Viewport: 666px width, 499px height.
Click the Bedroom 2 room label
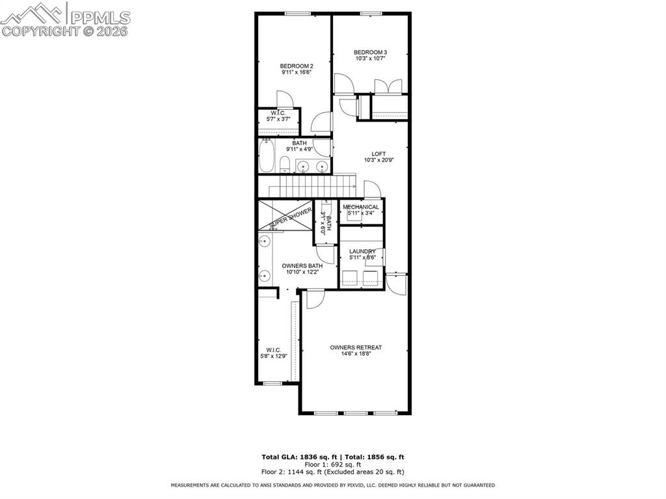click(297, 66)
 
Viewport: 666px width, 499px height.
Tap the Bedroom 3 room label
click(371, 52)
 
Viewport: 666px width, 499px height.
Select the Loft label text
click(370, 154)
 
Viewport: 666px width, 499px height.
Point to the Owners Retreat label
click(356, 347)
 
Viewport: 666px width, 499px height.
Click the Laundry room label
click(362, 251)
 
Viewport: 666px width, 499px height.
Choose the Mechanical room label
click(361, 207)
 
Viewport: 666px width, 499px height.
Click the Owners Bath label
click(302, 265)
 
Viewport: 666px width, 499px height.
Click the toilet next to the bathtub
click(285, 164)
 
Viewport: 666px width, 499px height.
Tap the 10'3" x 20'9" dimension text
click(370, 161)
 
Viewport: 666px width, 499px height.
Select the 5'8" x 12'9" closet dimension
click(273, 356)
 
